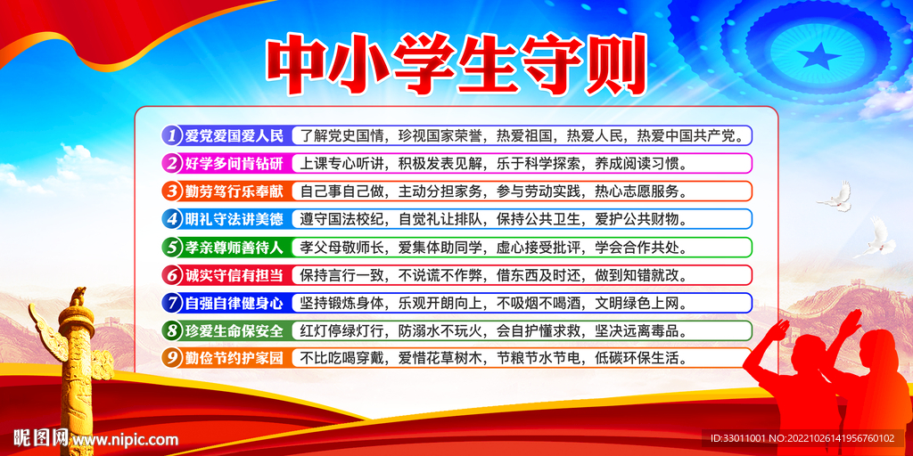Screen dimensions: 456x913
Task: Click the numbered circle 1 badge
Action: pos(171,135)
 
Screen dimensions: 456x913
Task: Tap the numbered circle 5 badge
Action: pos(171,247)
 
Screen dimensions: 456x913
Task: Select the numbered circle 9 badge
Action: pos(171,358)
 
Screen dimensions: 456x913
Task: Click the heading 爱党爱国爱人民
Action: pos(234,135)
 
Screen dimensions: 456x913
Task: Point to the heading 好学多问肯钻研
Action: pos(234,163)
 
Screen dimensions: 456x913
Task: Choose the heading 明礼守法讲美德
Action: pos(234,219)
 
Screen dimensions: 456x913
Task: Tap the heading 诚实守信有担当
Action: pos(234,274)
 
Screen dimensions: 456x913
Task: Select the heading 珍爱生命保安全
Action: pos(234,330)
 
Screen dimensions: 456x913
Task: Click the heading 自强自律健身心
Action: pos(234,303)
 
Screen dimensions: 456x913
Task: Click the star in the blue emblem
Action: pos(819,58)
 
